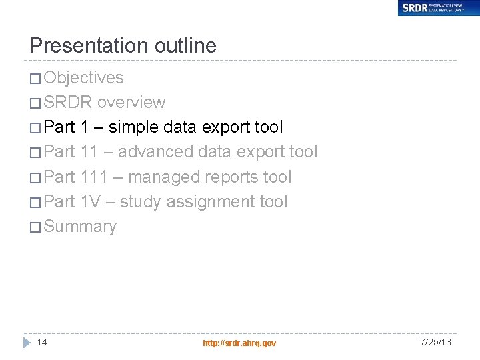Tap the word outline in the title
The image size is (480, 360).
[185, 45]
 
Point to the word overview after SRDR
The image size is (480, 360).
[131, 102]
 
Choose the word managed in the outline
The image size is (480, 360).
[161, 177]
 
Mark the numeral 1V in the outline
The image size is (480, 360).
[90, 201]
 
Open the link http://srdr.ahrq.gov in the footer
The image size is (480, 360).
[239, 343]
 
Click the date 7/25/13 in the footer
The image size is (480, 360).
[436, 342]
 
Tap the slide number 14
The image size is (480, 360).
[42, 342]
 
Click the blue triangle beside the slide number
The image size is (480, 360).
[27, 343]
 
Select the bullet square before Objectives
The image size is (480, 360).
[35, 79]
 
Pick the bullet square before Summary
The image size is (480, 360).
[35, 227]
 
